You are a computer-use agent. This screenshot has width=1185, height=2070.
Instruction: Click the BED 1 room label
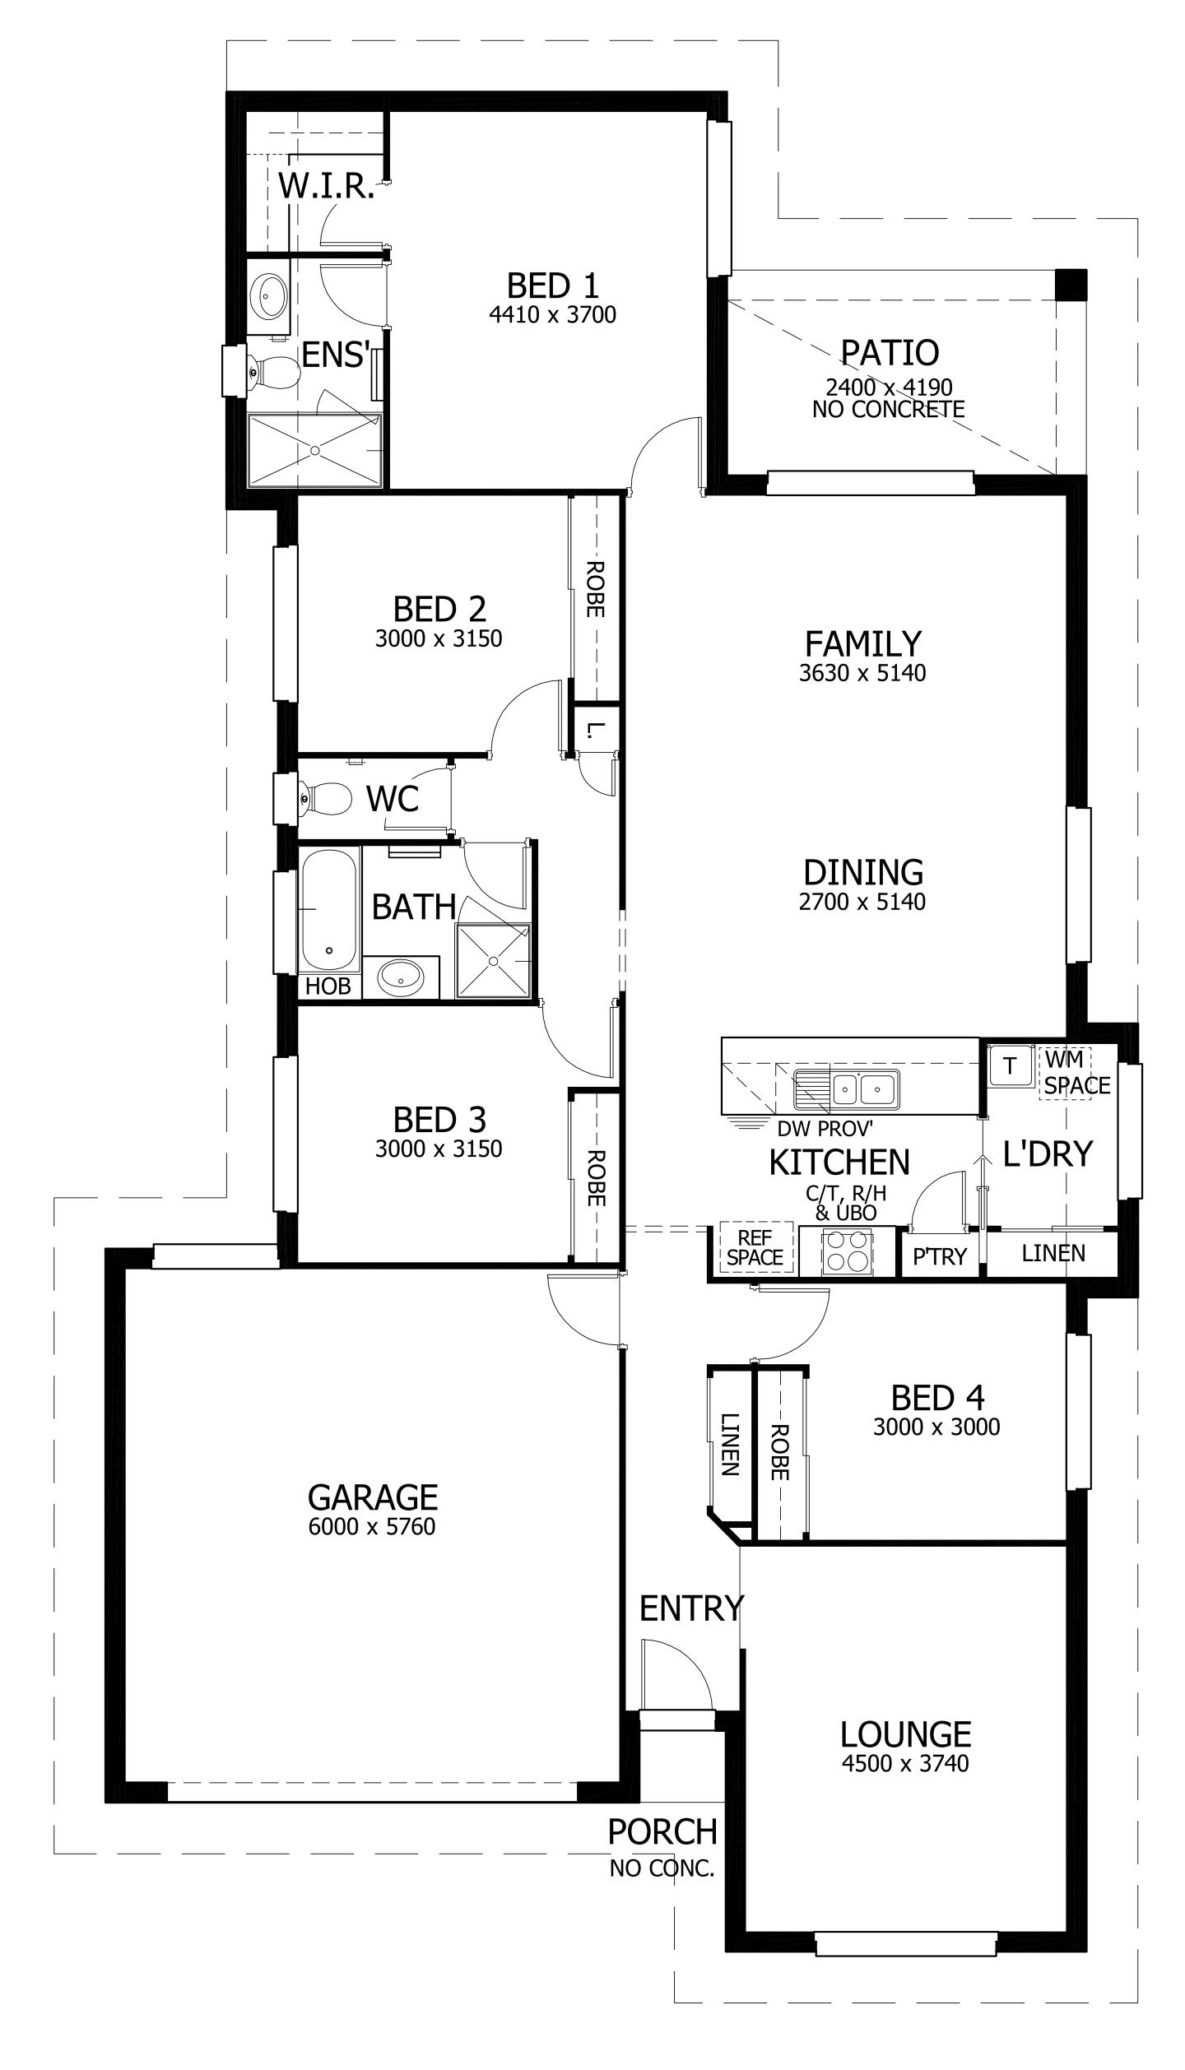pyautogui.click(x=552, y=286)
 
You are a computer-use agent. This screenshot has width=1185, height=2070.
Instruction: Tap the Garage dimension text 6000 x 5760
pyautogui.click(x=372, y=1527)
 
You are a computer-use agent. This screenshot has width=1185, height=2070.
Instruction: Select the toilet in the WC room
pyautogui.click(x=326, y=798)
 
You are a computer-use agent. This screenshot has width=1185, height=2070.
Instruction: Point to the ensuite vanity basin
pyautogui.click(x=268, y=295)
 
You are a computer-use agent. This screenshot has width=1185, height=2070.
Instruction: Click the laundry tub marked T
pyautogui.click(x=1009, y=1066)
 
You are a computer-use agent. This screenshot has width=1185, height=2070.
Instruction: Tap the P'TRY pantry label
pyautogui.click(x=939, y=1256)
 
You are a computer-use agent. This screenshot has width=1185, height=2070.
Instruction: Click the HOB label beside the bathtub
pyautogui.click(x=328, y=986)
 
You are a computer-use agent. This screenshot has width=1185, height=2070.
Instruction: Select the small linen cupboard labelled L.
pyautogui.click(x=596, y=729)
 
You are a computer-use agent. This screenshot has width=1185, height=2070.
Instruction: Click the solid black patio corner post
pyautogui.click(x=1071, y=285)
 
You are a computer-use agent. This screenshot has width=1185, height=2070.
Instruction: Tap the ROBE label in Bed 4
pyautogui.click(x=779, y=1452)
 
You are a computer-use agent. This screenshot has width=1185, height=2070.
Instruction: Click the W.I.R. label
pyautogui.click(x=326, y=187)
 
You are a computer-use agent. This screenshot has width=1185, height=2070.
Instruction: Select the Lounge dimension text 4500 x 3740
pyautogui.click(x=905, y=1763)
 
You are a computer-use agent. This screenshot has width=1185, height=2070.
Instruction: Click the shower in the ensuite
pyautogui.click(x=315, y=450)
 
